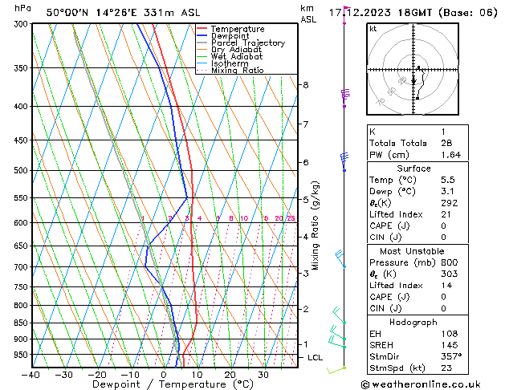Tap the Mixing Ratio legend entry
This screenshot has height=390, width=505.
[238, 71]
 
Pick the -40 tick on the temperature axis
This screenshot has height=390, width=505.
[31, 375]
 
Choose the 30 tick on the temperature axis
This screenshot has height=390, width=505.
[263, 375]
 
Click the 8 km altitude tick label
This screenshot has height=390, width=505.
[305, 85]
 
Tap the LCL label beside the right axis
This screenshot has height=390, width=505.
[314, 357]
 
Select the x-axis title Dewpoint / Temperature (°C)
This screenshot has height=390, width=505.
[161, 384]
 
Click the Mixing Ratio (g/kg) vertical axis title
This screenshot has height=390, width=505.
[316, 225]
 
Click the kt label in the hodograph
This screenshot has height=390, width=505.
[373, 29]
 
